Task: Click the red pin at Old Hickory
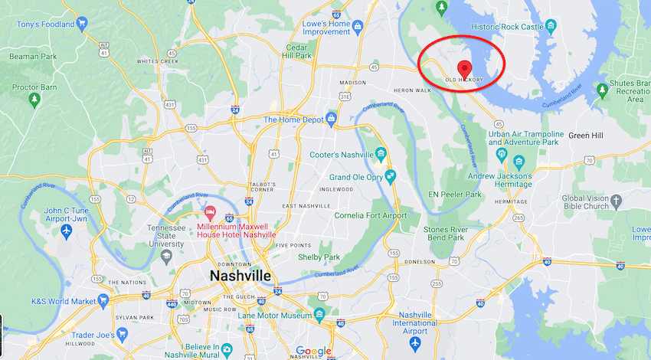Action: click(x=463, y=67)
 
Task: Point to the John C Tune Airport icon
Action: click(x=67, y=230)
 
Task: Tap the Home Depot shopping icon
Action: click(x=332, y=119)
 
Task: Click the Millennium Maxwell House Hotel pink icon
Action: click(x=208, y=211)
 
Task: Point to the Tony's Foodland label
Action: click(x=42, y=24)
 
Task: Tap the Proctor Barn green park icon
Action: click(x=34, y=100)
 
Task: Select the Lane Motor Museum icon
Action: click(x=319, y=315)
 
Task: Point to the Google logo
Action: click(x=313, y=352)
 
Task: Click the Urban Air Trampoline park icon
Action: click(x=501, y=153)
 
